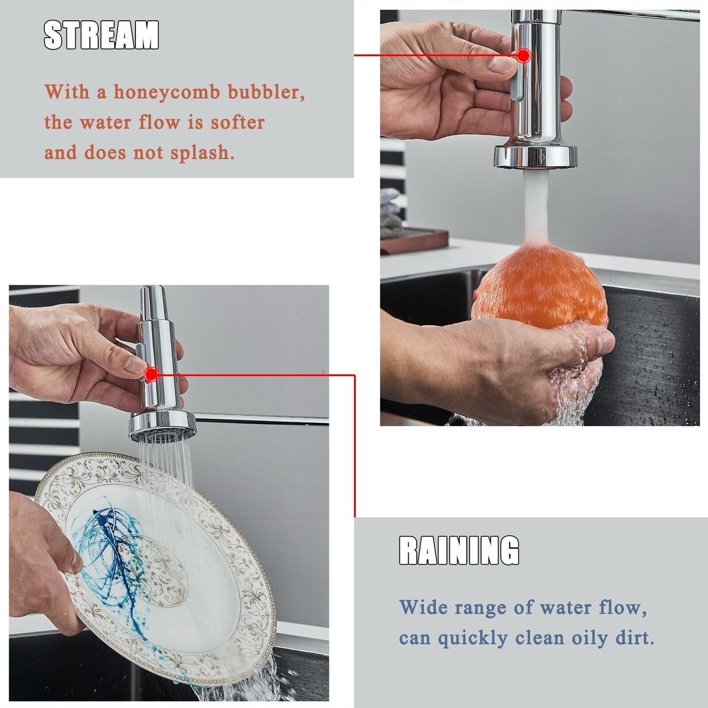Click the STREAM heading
101,35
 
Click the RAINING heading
459,550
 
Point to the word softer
237,122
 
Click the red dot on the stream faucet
523,55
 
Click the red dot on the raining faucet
152,374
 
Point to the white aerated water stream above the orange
536,208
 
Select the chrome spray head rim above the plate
162,422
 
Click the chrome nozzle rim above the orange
536,156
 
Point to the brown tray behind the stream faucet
414,241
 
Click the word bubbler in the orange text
267,92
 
